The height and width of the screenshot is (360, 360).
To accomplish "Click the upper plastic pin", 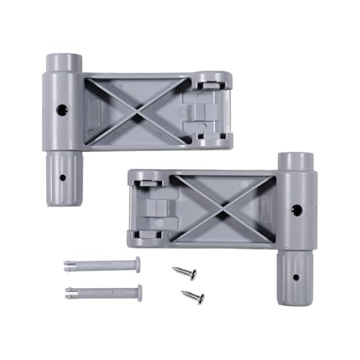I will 101,265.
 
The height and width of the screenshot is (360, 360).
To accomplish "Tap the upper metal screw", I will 184,273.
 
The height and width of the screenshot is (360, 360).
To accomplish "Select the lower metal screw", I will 192,296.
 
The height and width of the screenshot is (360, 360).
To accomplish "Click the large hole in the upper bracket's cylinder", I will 62,110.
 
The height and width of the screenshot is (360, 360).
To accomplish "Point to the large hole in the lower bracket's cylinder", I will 296,210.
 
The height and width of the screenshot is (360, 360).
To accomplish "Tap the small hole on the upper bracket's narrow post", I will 63,176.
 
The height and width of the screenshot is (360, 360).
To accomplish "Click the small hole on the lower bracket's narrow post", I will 295,276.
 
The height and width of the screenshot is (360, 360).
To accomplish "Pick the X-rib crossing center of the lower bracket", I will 225,209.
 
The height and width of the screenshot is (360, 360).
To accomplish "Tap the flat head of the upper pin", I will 137,264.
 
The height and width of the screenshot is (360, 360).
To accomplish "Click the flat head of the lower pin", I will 139,292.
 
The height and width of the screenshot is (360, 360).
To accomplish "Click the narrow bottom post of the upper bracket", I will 62,176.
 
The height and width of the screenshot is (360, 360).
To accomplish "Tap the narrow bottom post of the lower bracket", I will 295,277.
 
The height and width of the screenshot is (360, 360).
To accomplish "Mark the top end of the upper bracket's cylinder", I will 63,58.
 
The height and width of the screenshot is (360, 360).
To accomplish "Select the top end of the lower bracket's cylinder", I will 296,158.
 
